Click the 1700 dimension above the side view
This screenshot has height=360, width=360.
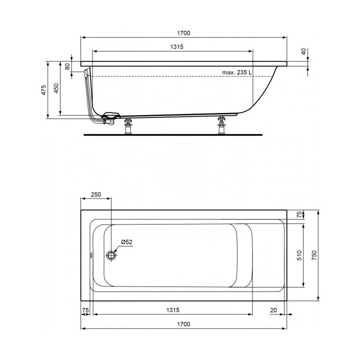tap(183, 33)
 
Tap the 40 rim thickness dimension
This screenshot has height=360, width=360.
tap(303, 51)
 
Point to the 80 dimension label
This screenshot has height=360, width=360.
tap(67, 66)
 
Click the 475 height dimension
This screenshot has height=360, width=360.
tap(43, 89)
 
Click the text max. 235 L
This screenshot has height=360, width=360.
tap(237, 72)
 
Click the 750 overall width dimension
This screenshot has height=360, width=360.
tap(314, 255)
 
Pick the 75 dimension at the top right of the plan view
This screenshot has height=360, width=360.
tap(299, 214)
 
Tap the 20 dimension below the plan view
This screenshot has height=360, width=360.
tap(273, 310)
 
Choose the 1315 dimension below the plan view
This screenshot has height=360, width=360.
tap(173, 310)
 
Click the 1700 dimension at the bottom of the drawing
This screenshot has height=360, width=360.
tap(183, 324)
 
